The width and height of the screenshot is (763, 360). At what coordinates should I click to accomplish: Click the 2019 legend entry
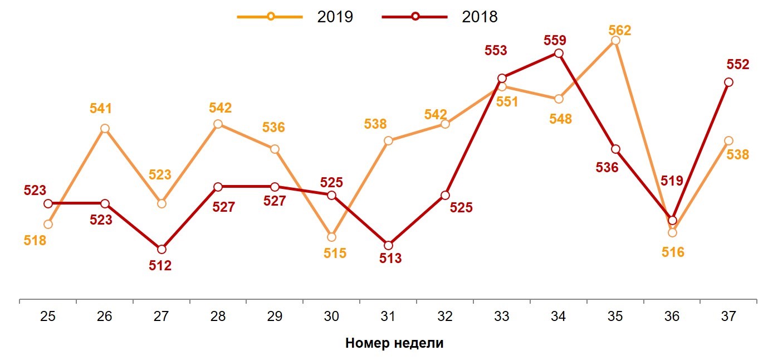(x=295, y=17)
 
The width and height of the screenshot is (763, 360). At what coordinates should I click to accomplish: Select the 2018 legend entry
(x=440, y=17)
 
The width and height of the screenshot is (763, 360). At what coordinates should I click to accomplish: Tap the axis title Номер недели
(x=394, y=343)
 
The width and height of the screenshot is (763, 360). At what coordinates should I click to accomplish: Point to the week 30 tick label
(x=331, y=317)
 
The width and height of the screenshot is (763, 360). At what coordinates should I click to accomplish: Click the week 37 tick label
(x=728, y=317)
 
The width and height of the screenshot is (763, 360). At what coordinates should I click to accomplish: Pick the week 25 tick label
(x=48, y=317)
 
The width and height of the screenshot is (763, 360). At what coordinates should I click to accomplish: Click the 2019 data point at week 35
(x=615, y=41)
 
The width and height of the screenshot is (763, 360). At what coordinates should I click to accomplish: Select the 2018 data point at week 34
(x=559, y=53)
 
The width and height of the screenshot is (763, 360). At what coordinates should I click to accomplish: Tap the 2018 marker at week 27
(x=162, y=249)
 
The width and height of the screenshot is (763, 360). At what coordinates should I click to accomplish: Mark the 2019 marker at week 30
(x=332, y=237)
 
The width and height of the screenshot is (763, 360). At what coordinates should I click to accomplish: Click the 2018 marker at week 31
(x=388, y=245)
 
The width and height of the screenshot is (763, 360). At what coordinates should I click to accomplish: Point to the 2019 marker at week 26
(x=105, y=129)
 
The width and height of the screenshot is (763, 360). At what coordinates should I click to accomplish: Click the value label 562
(x=620, y=31)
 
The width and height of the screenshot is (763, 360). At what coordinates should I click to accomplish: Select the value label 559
(x=555, y=40)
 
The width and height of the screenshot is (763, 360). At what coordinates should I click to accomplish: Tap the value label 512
(x=160, y=266)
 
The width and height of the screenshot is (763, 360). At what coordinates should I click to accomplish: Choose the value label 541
(x=101, y=108)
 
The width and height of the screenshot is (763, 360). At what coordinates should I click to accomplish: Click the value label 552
(x=738, y=65)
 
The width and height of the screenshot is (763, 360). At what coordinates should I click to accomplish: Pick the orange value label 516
(x=673, y=252)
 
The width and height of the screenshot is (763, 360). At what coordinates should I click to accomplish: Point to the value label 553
(x=496, y=51)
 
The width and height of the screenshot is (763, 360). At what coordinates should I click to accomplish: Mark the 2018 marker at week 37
(x=728, y=82)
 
